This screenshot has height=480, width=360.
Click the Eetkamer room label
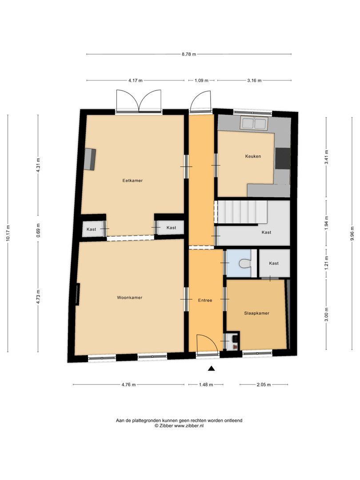[x=132, y=180]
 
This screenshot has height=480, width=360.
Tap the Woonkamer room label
[x=129, y=297]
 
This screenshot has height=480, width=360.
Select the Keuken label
[x=253, y=156]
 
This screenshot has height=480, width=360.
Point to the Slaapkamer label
[x=256, y=313]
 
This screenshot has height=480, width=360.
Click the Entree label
[x=205, y=300]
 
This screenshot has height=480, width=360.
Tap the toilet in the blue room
[x=245, y=263]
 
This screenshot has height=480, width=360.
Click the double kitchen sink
[x=254, y=124]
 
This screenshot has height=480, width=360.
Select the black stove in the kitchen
[x=283, y=158]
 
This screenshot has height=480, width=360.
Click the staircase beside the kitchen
[x=243, y=212]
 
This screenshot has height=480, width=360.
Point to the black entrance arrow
[x=211, y=368]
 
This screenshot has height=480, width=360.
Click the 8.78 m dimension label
[x=188, y=54]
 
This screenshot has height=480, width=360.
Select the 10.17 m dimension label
[x=8, y=233]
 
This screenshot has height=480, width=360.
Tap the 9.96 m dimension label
[x=352, y=233]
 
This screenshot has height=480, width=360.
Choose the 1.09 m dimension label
[x=201, y=80]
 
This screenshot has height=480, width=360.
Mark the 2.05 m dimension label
[x=264, y=385]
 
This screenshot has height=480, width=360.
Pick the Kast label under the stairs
[x=266, y=232]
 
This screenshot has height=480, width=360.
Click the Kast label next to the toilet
[x=274, y=263]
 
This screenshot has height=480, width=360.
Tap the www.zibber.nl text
[x=188, y=425]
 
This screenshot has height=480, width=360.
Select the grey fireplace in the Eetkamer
[x=90, y=159]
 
